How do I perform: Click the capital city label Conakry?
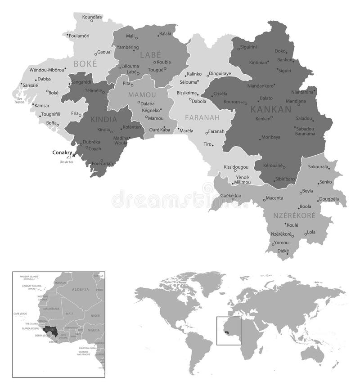click(62, 152)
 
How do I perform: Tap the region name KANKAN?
click(271, 109)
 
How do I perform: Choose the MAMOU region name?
click(142, 95)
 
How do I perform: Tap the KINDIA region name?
click(103, 120)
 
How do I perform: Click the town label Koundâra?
click(92, 17)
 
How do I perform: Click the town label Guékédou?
click(231, 196)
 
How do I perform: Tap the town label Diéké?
click(283, 251)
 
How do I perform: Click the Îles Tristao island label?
click(18, 100)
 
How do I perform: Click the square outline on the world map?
click(229, 331)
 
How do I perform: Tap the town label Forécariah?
click(101, 164)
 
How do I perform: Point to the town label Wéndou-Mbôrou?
click(46, 70)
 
